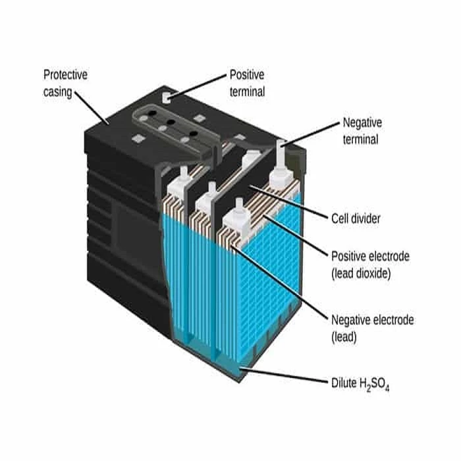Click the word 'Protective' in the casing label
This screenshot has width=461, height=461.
coord(65,74)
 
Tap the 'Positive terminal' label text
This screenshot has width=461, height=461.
coord(247,83)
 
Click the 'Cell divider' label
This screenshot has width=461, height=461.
coord(355,218)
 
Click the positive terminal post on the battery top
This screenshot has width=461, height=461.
coord(167,96)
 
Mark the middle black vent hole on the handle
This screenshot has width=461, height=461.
coord(170,123)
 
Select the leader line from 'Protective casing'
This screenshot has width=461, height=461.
coord(91,108)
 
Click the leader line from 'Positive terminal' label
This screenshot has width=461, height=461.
coord(198,86)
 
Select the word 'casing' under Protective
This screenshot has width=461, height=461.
coord(57,92)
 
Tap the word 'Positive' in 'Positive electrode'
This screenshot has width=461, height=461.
coord(347,256)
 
